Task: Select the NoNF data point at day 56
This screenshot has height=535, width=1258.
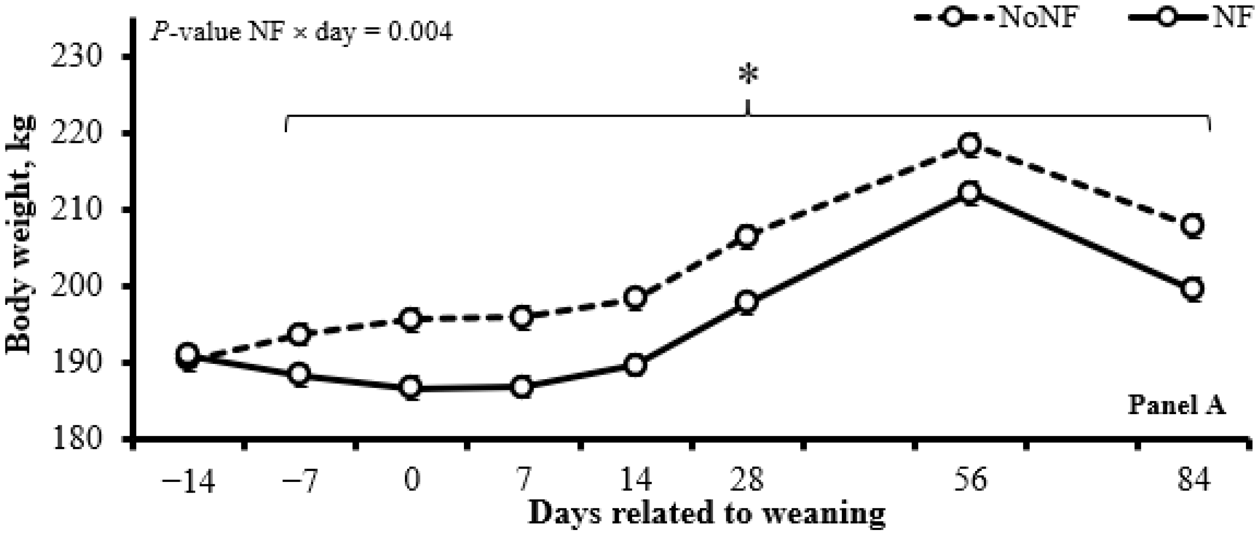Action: coord(969,145)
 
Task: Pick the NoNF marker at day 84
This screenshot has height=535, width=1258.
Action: coord(1192,225)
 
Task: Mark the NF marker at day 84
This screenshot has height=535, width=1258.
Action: coord(1192,289)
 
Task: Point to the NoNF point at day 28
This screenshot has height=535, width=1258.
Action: coord(747,236)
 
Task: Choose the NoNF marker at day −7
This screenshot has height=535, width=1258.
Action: coord(299,335)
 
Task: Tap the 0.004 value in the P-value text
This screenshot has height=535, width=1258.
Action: coord(420,33)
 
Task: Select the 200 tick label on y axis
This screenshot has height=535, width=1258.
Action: coord(80,287)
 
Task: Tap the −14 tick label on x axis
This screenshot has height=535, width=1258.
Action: coord(188,481)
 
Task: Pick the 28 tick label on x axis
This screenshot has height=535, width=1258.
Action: coord(747,481)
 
